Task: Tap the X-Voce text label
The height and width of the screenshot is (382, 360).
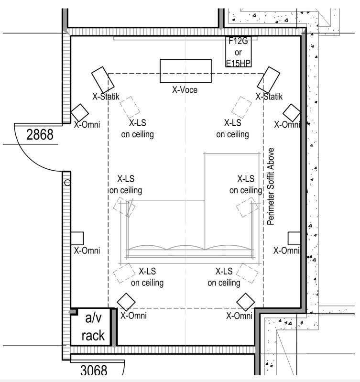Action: (x=185, y=90)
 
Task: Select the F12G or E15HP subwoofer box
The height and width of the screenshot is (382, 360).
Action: (x=238, y=52)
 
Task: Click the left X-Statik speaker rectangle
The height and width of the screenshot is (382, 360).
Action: (x=103, y=80)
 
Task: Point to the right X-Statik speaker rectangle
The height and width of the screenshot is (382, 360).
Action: (x=268, y=80)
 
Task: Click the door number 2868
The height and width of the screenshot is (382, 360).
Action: (x=40, y=134)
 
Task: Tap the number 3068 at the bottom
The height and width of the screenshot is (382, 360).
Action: (x=94, y=371)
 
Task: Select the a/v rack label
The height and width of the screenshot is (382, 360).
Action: (x=93, y=327)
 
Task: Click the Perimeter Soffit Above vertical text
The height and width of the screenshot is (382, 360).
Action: (x=271, y=186)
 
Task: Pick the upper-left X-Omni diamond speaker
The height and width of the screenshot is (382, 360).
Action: (x=80, y=113)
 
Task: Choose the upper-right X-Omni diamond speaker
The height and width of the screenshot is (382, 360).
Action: (x=292, y=113)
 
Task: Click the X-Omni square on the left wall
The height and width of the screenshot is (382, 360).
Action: (x=77, y=238)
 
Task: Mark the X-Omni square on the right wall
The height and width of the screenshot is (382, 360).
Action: (x=294, y=238)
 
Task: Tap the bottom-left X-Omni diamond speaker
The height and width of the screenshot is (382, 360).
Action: (x=126, y=302)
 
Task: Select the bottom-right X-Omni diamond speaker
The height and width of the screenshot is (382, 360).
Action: (x=246, y=302)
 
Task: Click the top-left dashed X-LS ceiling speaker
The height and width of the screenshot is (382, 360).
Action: (x=130, y=108)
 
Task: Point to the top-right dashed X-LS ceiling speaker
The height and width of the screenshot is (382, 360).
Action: (x=241, y=108)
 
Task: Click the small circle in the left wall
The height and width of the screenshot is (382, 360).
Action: (x=67, y=183)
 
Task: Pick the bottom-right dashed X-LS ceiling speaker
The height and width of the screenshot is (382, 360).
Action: (x=247, y=273)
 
